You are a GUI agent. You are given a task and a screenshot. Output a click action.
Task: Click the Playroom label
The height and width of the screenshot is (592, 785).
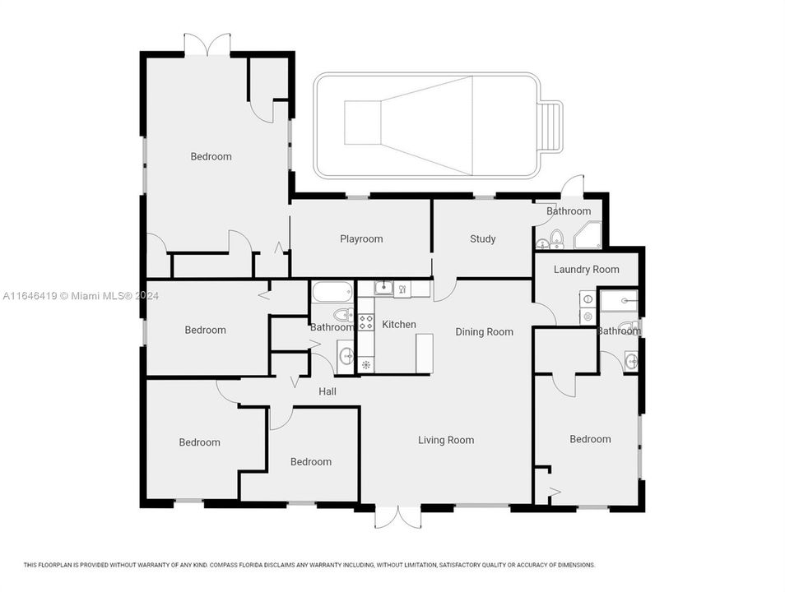tap(361, 239)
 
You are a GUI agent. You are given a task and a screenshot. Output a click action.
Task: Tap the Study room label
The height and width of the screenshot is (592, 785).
tap(482, 239)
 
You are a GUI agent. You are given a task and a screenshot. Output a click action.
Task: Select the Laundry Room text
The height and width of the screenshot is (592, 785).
tap(586, 270)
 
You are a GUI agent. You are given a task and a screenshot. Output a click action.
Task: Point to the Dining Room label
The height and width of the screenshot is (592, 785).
tap(484, 332)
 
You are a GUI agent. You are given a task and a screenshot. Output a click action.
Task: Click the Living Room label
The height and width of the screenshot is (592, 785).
tap(446, 440)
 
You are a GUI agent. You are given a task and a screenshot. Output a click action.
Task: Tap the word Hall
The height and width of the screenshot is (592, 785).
tap(327, 391)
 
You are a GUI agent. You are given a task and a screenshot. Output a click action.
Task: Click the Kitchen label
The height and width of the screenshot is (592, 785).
tap(399, 325)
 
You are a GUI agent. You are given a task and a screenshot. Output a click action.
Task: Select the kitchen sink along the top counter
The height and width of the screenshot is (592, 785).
tap(384, 288)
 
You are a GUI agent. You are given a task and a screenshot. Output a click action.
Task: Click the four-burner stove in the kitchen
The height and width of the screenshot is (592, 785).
tap(366, 321)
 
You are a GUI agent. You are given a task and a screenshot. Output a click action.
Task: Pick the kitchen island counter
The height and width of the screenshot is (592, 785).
tap(424, 354)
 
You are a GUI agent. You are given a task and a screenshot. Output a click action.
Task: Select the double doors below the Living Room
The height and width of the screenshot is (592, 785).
tap(397, 516)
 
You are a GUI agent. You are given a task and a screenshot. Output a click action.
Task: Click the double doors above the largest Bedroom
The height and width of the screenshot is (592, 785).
tap(207, 46)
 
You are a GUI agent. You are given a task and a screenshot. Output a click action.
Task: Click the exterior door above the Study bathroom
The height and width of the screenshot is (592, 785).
tap(573, 187)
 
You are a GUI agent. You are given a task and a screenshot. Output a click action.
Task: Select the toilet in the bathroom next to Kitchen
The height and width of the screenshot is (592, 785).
tap(343, 315)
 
